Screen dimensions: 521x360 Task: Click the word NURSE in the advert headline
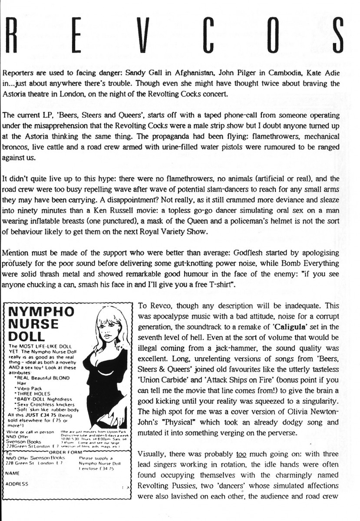pos(35,324)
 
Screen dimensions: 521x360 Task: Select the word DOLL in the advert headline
pos(27,336)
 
